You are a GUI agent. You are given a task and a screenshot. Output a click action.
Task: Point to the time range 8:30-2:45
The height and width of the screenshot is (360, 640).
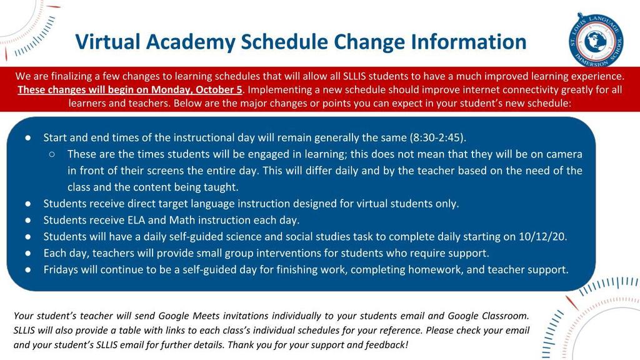point(437,137)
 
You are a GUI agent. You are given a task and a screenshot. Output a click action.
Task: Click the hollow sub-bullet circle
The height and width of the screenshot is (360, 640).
point(52,154)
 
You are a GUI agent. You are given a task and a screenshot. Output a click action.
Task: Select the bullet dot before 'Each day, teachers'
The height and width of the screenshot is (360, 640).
point(27,254)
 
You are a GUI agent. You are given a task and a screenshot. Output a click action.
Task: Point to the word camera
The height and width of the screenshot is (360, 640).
point(564,154)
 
